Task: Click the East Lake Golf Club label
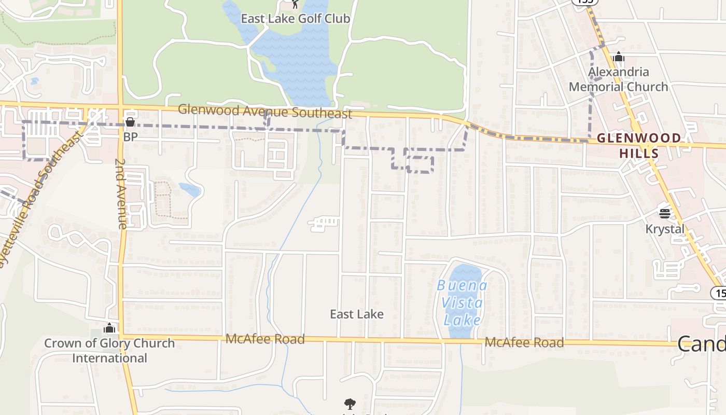pos(296,19)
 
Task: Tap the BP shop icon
pos(130,122)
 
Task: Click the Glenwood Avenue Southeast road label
pos(265,112)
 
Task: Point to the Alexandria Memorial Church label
pos(618,79)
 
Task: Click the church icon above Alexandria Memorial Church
pos(618,57)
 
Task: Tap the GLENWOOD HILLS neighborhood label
pos(639,145)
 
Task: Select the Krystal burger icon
pos(665,213)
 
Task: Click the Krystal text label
pos(665,229)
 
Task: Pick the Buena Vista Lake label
pos(462,302)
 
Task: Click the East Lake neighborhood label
pos(357,314)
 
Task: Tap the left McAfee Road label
pos(265,339)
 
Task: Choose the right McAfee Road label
pos(524,343)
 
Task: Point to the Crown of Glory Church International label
pos(109,351)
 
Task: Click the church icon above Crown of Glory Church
pos(109,328)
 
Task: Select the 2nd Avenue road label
pos(121,193)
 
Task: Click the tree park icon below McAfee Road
pos(350,404)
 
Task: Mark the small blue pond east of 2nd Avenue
pos(190,189)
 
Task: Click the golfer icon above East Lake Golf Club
pos(295,4)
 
